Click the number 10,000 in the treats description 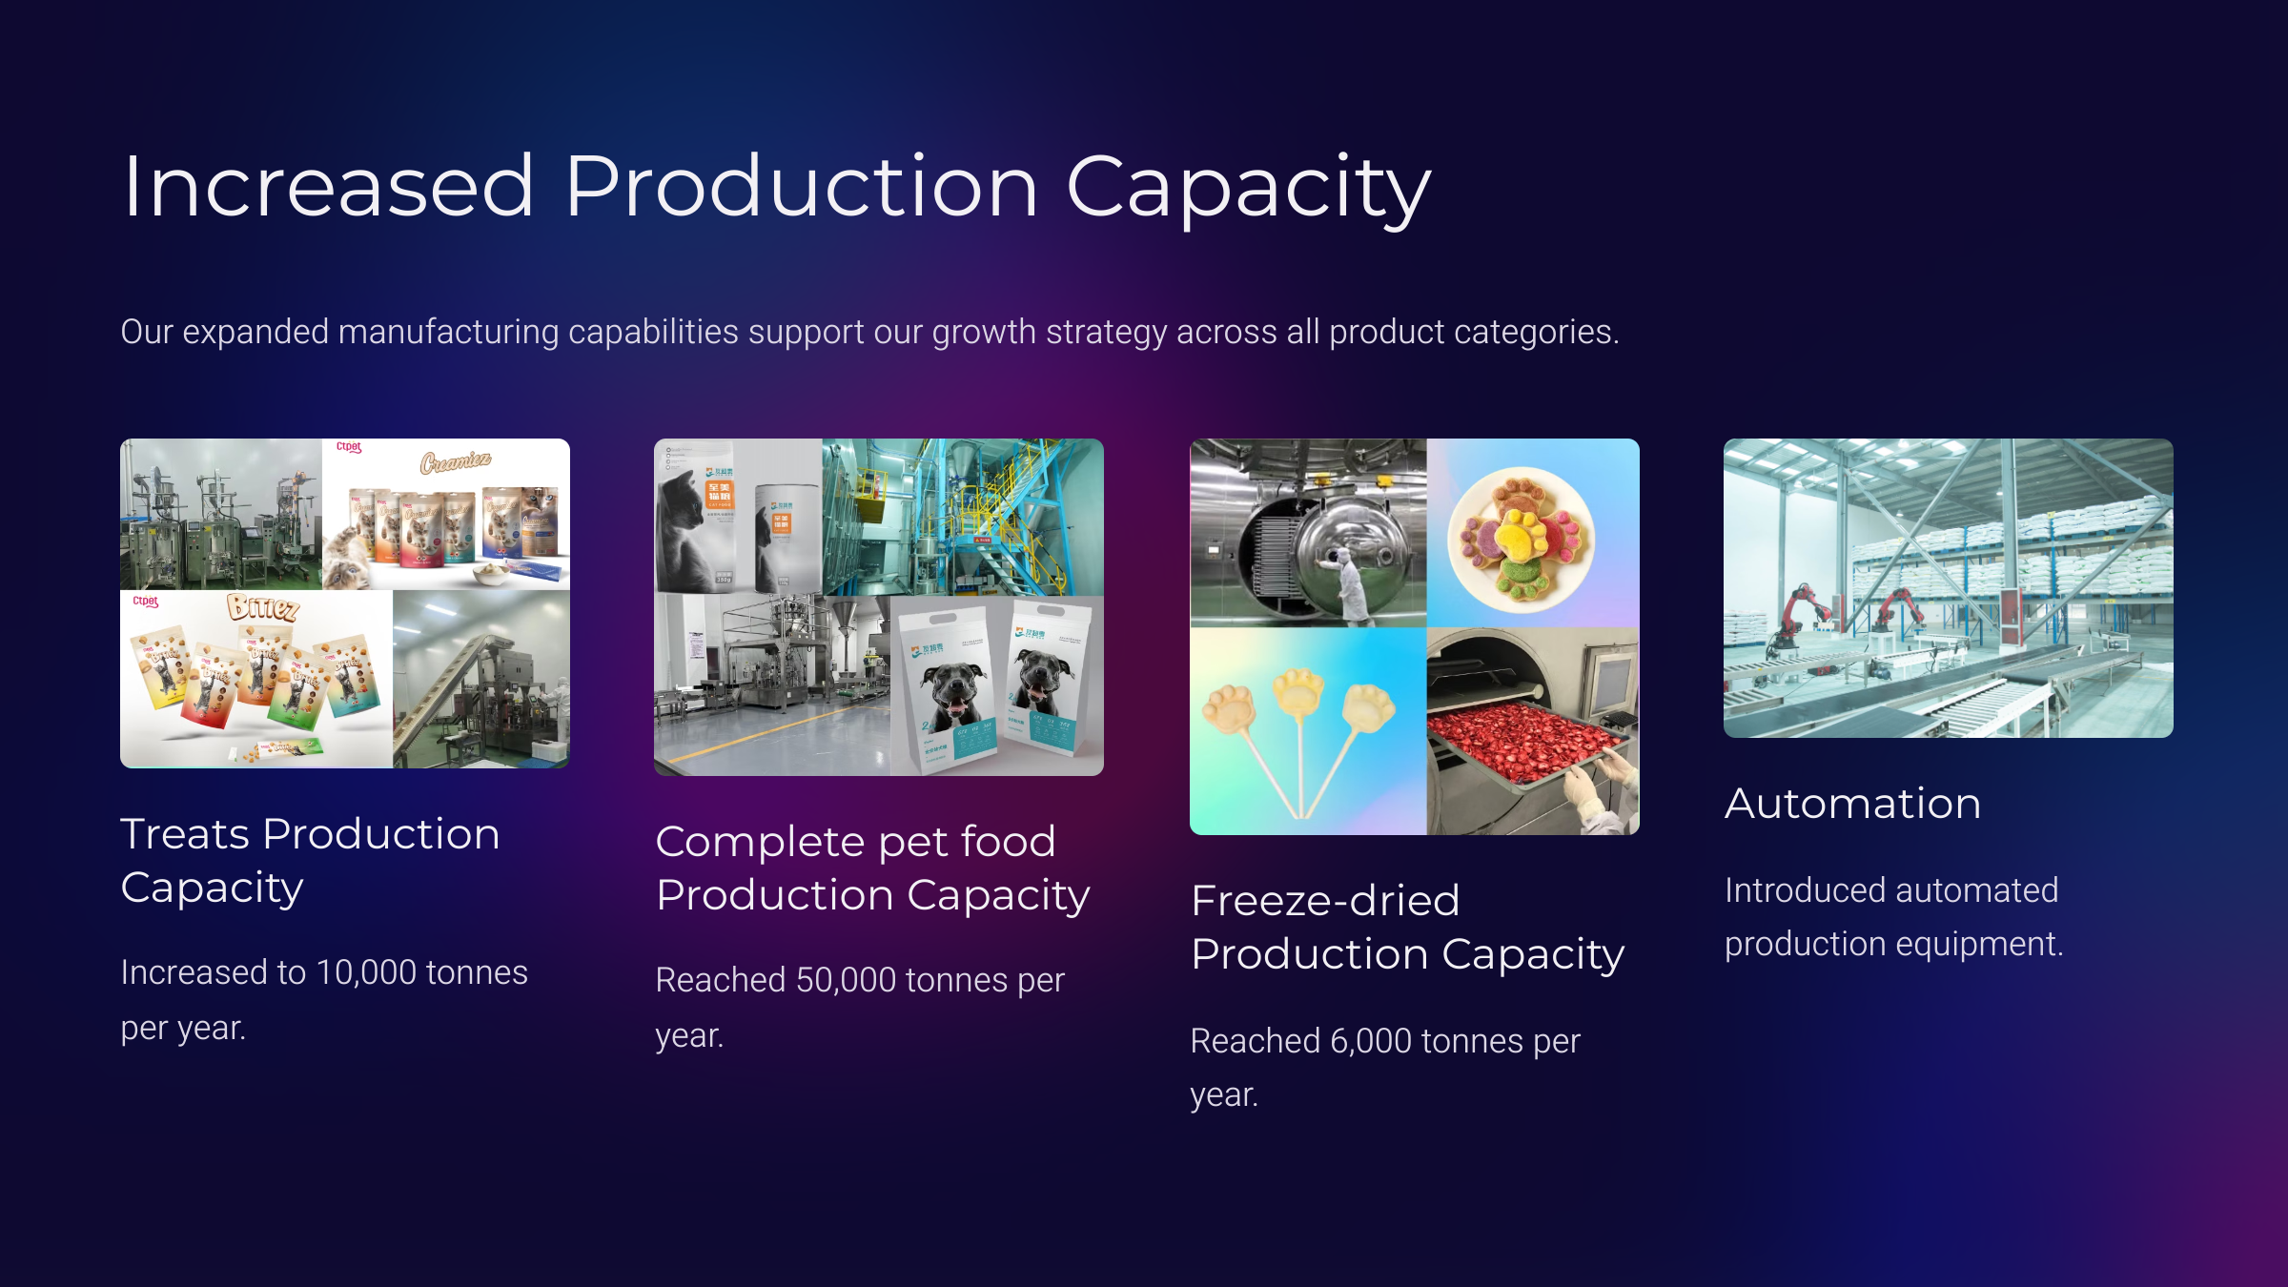click(x=366, y=972)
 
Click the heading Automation click(x=1852, y=804)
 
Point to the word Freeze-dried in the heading click(x=1325, y=901)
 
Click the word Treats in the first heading click(x=185, y=834)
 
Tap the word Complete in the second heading click(x=760, y=842)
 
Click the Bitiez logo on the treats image click(x=262, y=608)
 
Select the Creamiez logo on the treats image click(x=456, y=462)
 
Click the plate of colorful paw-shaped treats click(x=1520, y=539)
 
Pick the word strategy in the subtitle click(x=1106, y=332)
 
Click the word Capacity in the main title click(x=1248, y=188)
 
